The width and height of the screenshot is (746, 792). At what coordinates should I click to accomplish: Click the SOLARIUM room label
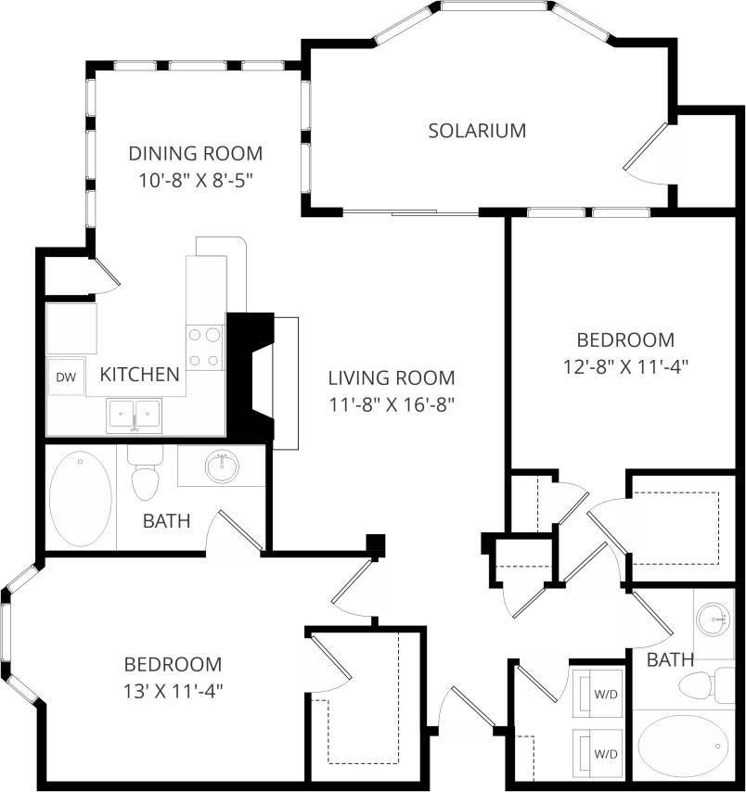477,131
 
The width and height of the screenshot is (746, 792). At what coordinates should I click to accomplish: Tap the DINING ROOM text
195,153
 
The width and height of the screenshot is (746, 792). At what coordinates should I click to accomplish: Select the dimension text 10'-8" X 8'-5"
196,180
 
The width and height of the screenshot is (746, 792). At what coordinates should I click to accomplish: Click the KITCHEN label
139,375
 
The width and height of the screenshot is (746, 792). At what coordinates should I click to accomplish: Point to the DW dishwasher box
65,377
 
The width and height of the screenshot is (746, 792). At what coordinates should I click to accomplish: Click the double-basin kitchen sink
135,414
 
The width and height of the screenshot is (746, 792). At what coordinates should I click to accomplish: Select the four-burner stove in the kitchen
205,347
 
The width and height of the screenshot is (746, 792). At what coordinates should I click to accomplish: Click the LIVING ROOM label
391,377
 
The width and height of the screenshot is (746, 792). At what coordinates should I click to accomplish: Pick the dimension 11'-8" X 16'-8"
391,404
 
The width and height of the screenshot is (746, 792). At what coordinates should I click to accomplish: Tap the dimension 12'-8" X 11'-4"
625,365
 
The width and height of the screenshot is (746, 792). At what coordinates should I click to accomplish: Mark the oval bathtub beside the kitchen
79,499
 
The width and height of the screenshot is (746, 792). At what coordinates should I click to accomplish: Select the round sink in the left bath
221,466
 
